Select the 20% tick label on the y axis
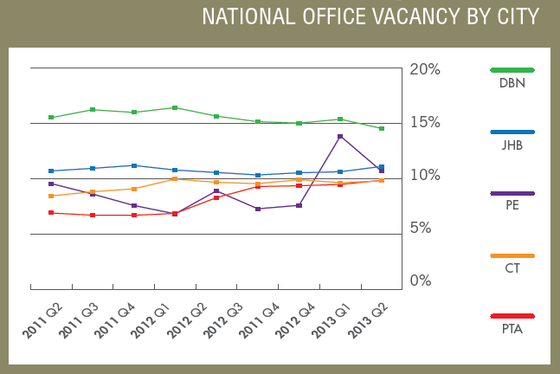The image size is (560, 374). pyautogui.click(x=424, y=69)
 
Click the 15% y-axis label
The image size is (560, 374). pyautogui.click(x=424, y=122)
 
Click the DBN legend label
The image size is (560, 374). pyautogui.click(x=512, y=84)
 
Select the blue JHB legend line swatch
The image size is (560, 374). pyautogui.click(x=512, y=132)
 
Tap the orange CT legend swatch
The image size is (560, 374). pyautogui.click(x=512, y=256)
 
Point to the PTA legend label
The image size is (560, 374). pyautogui.click(x=512, y=329)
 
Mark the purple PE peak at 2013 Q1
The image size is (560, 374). pyautogui.click(x=340, y=136)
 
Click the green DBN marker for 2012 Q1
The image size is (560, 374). pyautogui.click(x=175, y=107)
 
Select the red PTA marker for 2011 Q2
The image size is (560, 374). pyautogui.click(x=51, y=212)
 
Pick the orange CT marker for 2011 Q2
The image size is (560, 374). pyautogui.click(x=51, y=196)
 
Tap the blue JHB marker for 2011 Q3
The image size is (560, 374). pyautogui.click(x=93, y=168)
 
